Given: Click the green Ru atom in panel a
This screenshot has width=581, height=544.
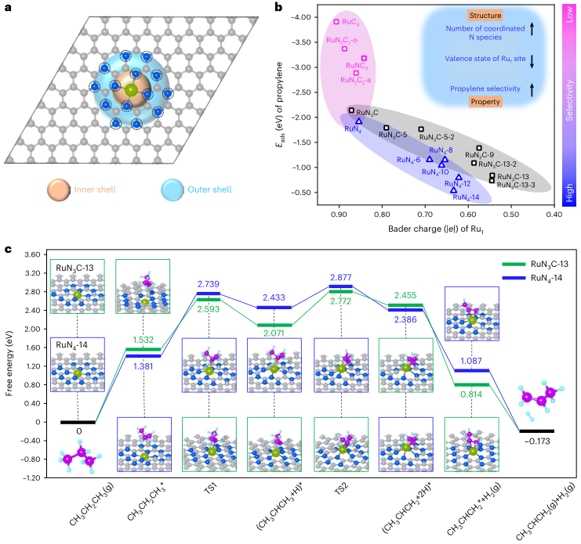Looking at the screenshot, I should click(131, 91).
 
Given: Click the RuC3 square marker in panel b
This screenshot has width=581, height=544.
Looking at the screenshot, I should click(336, 22).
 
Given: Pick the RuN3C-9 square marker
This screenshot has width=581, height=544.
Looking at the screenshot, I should click(479, 148).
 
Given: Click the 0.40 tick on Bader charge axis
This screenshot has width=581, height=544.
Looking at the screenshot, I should click(554, 214).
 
